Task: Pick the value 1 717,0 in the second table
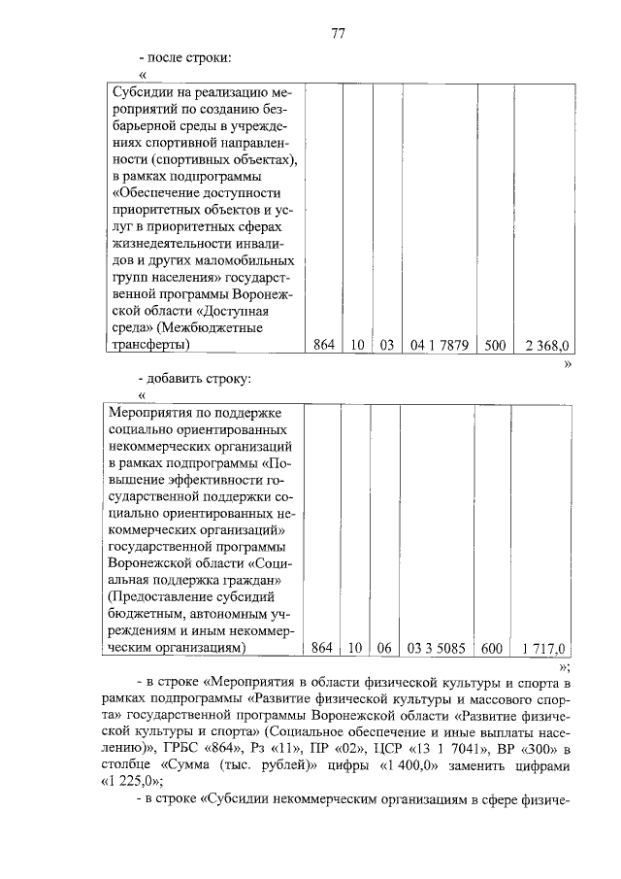[x=544, y=648]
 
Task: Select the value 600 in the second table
[x=492, y=648]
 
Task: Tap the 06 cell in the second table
[x=385, y=648]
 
